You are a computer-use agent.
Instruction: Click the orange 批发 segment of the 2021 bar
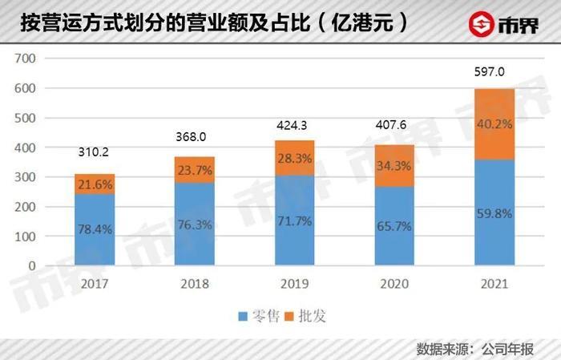pyautogui.click(x=494, y=124)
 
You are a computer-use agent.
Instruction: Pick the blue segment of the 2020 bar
pyautogui.click(x=395, y=226)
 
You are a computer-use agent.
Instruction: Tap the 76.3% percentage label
pyautogui.click(x=195, y=225)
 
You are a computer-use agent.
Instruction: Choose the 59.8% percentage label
pyautogui.click(x=494, y=215)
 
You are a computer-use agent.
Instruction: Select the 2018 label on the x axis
pyautogui.click(x=195, y=283)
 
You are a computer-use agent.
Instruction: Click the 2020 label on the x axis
pyautogui.click(x=395, y=283)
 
